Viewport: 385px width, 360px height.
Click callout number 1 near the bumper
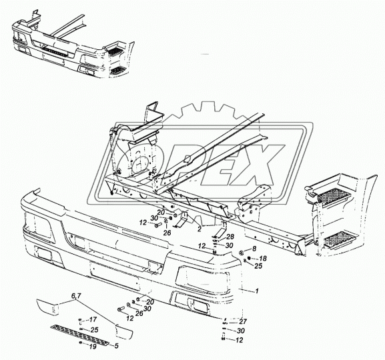[257, 291]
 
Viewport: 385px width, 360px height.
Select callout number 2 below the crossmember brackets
[200, 229]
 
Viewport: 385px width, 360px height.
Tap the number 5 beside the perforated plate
[116, 346]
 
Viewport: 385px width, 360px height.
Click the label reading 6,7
[76, 297]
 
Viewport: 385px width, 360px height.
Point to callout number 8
[254, 249]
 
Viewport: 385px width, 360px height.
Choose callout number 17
[93, 319]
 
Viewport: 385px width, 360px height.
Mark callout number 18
[263, 259]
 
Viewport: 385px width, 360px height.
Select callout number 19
[92, 347]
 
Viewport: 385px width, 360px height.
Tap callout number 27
[243, 321]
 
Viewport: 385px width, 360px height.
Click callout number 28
[230, 237]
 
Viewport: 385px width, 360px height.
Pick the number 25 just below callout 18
[258, 266]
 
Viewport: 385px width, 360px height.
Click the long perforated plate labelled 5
[80, 335]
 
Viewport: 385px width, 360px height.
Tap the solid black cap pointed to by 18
[249, 258]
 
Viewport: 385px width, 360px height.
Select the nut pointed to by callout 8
[241, 253]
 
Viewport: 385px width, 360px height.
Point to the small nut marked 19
[80, 343]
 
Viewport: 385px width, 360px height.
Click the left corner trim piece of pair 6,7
[47, 307]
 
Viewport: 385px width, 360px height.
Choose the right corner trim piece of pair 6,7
[124, 331]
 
